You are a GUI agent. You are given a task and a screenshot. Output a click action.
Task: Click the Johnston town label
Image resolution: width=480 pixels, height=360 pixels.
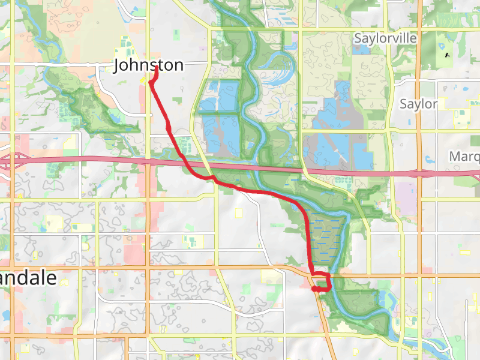click(x=148, y=65)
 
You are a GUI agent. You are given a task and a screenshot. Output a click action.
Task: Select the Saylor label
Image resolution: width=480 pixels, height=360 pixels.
click(x=418, y=104)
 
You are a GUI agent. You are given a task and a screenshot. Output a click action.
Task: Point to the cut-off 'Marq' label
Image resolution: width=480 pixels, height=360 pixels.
click(x=464, y=157)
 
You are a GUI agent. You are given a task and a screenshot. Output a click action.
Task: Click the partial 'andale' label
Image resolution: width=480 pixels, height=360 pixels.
click(x=28, y=278)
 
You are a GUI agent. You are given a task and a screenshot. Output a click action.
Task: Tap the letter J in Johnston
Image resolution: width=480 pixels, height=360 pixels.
click(x=118, y=65)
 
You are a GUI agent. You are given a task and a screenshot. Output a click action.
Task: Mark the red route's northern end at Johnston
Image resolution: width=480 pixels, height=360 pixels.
click(x=157, y=67)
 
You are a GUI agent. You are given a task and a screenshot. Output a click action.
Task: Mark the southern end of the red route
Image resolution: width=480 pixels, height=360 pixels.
click(x=314, y=289)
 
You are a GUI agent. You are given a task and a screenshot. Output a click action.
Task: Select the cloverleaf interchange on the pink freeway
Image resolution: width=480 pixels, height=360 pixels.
click(x=15, y=161)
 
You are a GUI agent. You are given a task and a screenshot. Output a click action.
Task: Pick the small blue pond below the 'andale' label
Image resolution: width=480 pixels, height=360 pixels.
click(x=6, y=314)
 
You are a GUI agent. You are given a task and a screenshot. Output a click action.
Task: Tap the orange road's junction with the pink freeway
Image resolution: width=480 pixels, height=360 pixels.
click(x=418, y=173)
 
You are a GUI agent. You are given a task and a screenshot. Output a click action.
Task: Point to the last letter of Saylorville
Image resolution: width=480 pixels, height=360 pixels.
click(x=414, y=38)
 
